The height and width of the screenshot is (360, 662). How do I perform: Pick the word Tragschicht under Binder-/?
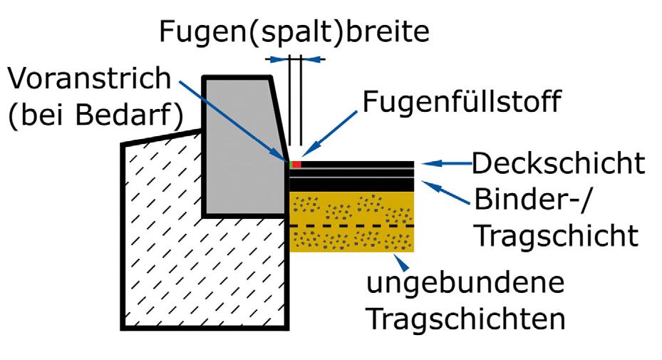(556, 234)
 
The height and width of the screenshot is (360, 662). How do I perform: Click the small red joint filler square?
(297, 165)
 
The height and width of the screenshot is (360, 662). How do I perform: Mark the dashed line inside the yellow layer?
(352, 226)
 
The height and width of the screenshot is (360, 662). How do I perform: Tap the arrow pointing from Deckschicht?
(445, 164)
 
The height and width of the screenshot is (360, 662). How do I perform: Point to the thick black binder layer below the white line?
(352, 183)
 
